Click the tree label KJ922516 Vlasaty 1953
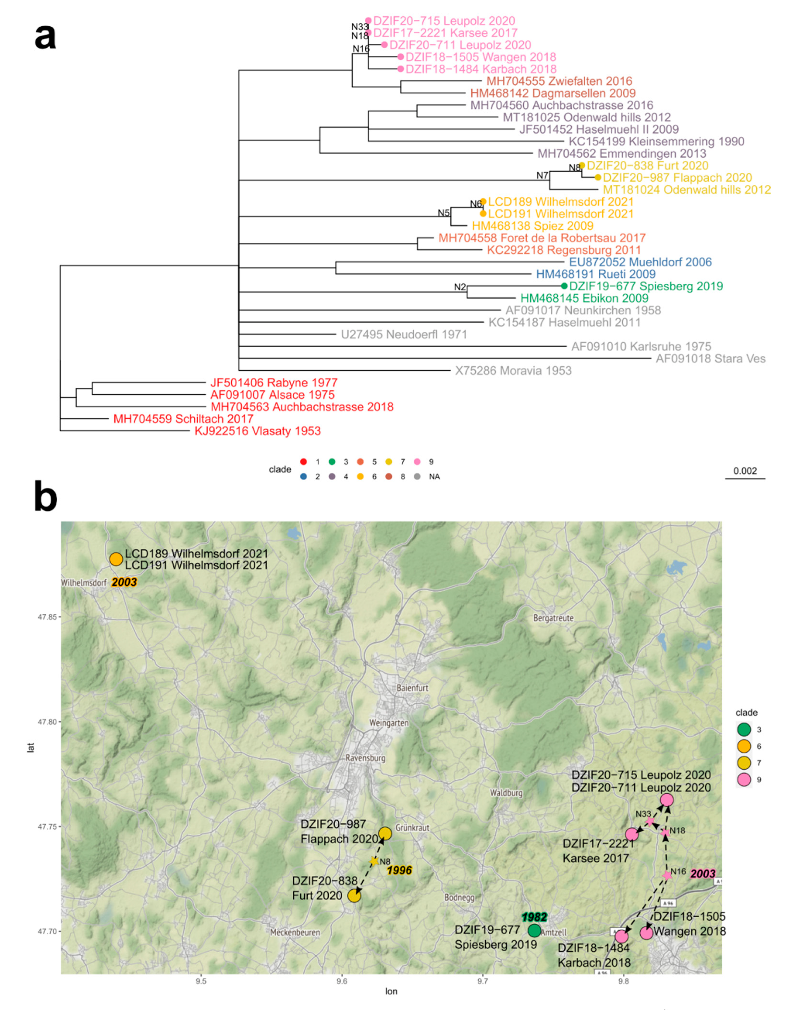tap(257, 431)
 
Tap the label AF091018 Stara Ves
tap(710, 358)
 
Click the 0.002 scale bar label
tap(745, 471)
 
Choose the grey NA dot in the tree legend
tap(417, 477)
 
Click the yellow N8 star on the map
tap(374, 861)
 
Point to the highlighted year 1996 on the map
tap(399, 870)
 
